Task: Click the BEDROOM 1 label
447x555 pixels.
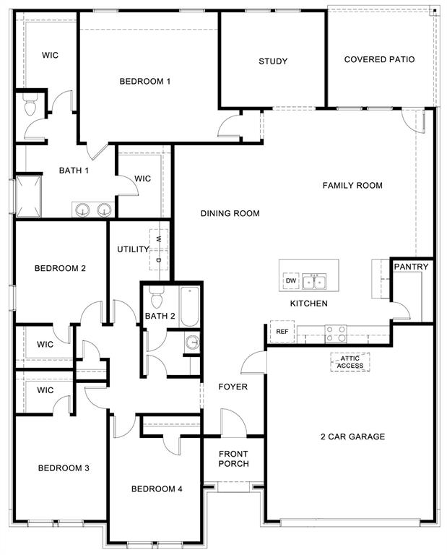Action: coord(144,81)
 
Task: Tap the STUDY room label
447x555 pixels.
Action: coord(273,61)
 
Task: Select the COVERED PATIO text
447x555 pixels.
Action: coord(379,59)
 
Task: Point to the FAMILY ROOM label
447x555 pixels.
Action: coord(352,186)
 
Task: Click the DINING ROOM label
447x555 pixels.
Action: coord(230,213)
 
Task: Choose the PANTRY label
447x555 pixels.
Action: coord(411,267)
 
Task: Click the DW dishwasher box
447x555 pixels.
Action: coord(291,280)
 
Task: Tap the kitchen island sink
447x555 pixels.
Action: coord(314,280)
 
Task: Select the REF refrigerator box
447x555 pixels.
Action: coord(281,331)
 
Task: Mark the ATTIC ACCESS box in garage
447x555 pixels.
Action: coord(350,362)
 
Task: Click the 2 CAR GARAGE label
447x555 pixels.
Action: coord(352,436)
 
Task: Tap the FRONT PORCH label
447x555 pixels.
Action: coord(233,459)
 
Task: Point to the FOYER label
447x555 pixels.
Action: coord(233,387)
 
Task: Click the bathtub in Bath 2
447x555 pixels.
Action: coord(189,305)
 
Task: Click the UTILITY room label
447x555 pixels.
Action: coord(133,249)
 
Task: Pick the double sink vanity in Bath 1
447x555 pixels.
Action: coord(94,210)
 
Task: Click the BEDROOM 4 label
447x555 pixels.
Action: coord(157,489)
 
